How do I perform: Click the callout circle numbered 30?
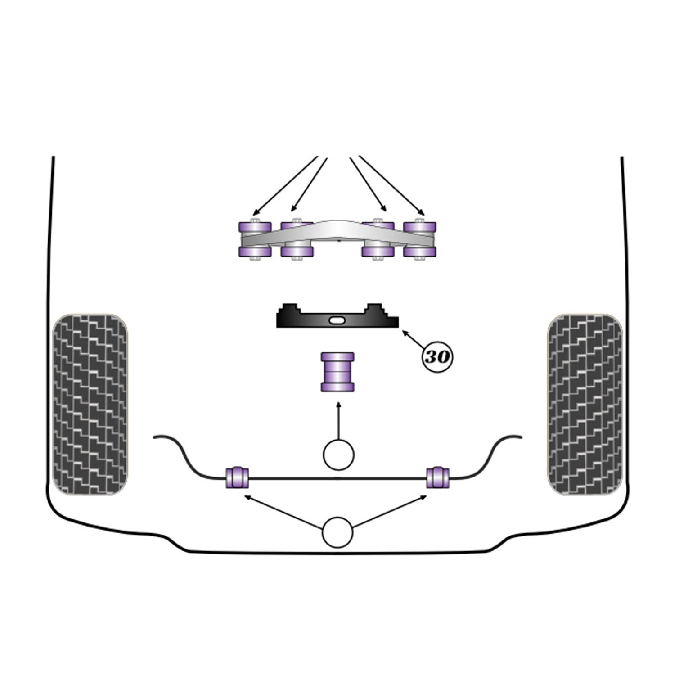[437, 357]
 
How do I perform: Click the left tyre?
[90, 405]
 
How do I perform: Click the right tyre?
[585, 405]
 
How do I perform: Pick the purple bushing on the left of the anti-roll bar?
[237, 478]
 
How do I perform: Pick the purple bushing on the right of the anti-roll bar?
[438, 478]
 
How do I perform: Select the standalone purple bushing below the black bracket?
[337, 372]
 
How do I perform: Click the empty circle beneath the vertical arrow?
[338, 455]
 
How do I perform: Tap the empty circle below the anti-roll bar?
[337, 532]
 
